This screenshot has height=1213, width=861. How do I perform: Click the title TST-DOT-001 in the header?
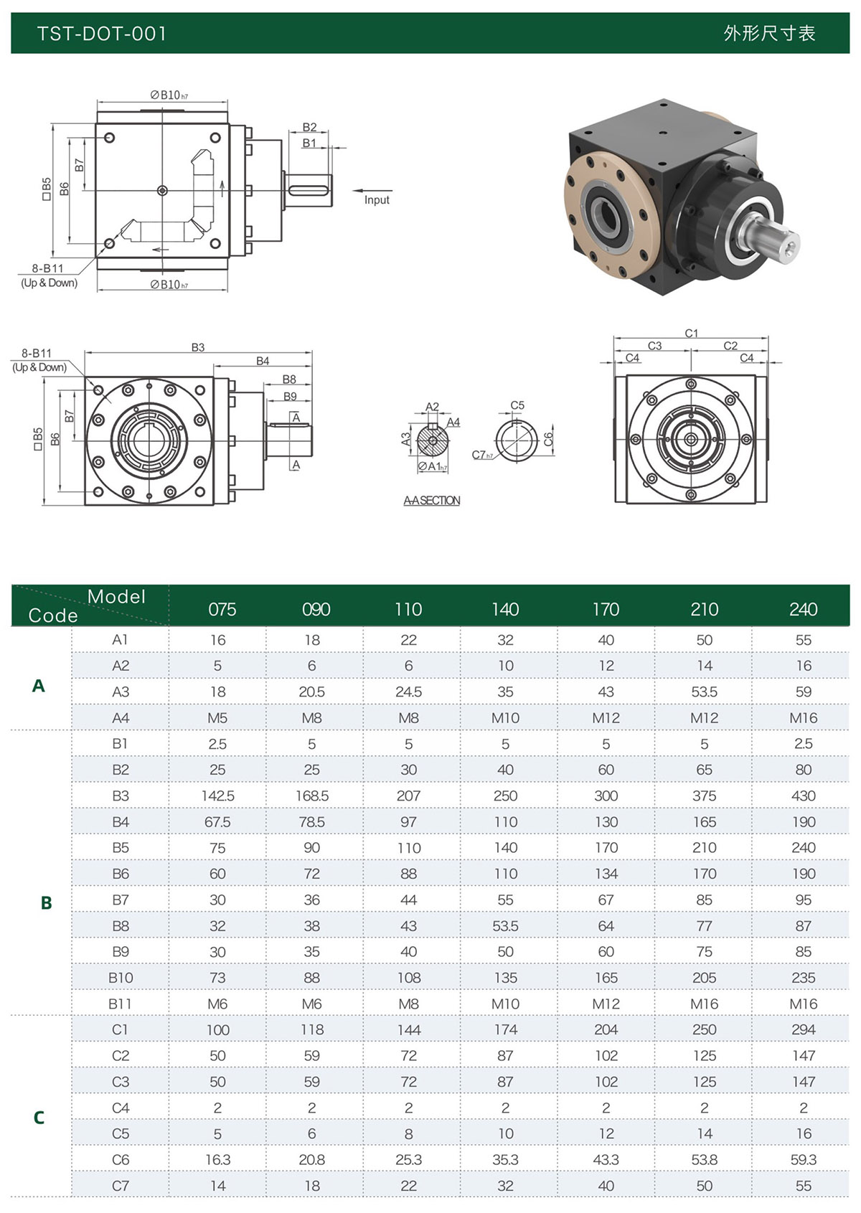click(x=101, y=34)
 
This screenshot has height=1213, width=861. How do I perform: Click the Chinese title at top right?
click(x=768, y=34)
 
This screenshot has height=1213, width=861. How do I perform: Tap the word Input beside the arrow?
click(x=377, y=200)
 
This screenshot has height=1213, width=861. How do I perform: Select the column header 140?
click(x=505, y=609)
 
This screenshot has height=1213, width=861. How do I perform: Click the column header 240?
click(x=803, y=609)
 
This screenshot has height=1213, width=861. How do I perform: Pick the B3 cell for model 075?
click(x=217, y=796)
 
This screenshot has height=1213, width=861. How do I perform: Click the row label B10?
click(x=121, y=978)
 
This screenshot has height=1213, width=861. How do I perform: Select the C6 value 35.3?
click(x=505, y=1160)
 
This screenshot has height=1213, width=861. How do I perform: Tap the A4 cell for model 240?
click(x=803, y=718)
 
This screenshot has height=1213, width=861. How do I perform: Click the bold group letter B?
click(x=46, y=903)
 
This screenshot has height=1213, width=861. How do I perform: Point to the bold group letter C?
click(x=39, y=1118)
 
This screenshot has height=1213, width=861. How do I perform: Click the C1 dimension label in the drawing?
click(x=691, y=334)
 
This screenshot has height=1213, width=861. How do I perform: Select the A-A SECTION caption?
click(x=431, y=501)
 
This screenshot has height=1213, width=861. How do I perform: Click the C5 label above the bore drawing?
click(x=517, y=405)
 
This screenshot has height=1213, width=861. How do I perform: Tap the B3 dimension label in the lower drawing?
click(x=198, y=347)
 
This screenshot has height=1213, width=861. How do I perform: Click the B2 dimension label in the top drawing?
click(x=309, y=127)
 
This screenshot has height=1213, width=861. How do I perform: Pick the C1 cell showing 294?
click(x=803, y=1029)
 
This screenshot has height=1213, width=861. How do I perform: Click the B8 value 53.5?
click(x=505, y=926)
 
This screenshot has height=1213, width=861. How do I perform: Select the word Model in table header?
click(x=116, y=597)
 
